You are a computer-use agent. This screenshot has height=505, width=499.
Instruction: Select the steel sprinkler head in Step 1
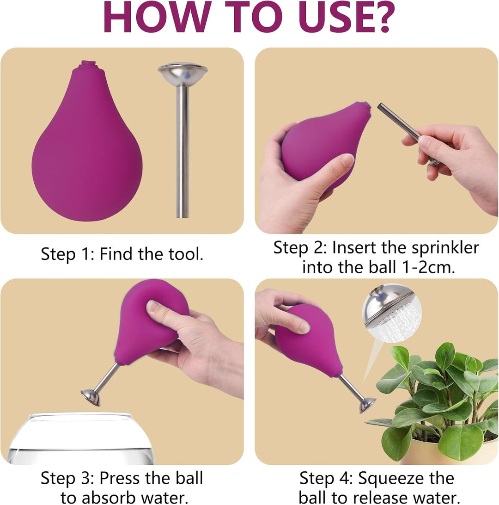pyautogui.click(x=183, y=73)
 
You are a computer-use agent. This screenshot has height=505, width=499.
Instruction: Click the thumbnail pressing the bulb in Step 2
pyautogui.click(x=347, y=159)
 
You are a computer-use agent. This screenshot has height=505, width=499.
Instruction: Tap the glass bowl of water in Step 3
pyautogui.click(x=81, y=439)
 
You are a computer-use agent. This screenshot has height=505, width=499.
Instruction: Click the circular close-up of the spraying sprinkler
pyautogui.click(x=391, y=313)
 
